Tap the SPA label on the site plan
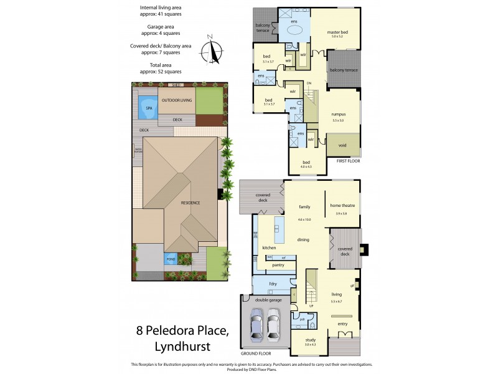pos(149,108)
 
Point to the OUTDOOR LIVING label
pos(177,100)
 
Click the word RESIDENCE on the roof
pos(190,203)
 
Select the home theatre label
pos(342,206)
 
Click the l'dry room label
pos(272,284)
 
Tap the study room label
pos(310,340)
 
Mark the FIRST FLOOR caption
pos(349,161)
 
